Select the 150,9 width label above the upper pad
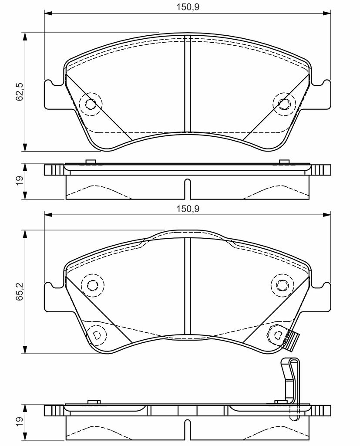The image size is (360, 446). (x=188, y=7)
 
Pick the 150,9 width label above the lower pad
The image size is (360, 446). (x=188, y=209)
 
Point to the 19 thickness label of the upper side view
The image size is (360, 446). (x=20, y=181)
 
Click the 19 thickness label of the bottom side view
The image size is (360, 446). (x=20, y=422)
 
